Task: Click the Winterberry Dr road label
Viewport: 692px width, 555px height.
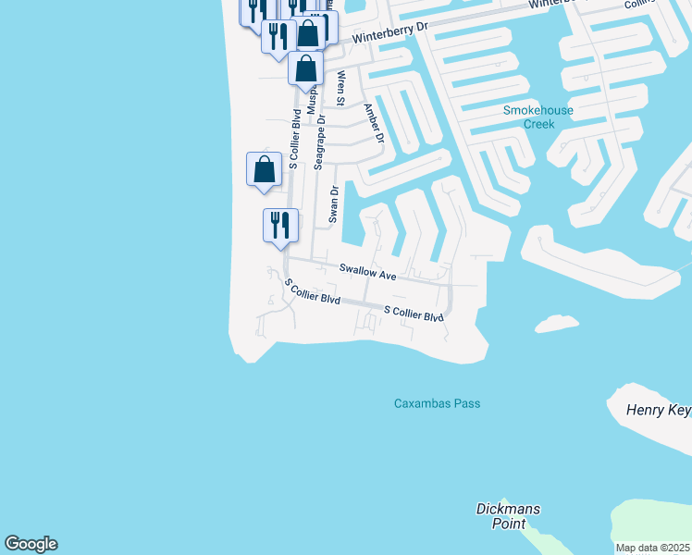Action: point(389,34)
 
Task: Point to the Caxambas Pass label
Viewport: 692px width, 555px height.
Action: point(437,403)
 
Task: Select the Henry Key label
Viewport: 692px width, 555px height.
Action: point(659,410)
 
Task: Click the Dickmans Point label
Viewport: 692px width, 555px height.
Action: point(508,516)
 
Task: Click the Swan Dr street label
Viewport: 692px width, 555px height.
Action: point(334,204)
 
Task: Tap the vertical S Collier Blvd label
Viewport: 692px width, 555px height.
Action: point(294,140)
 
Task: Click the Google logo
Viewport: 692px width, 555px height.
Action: point(31,544)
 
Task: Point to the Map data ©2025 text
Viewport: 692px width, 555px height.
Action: point(653,548)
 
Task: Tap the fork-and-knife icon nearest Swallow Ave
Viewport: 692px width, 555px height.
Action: point(279,225)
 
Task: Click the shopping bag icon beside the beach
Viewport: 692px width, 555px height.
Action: point(264,169)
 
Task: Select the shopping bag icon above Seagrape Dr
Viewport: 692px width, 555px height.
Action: point(306,68)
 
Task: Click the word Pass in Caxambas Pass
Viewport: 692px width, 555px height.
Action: point(465,403)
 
